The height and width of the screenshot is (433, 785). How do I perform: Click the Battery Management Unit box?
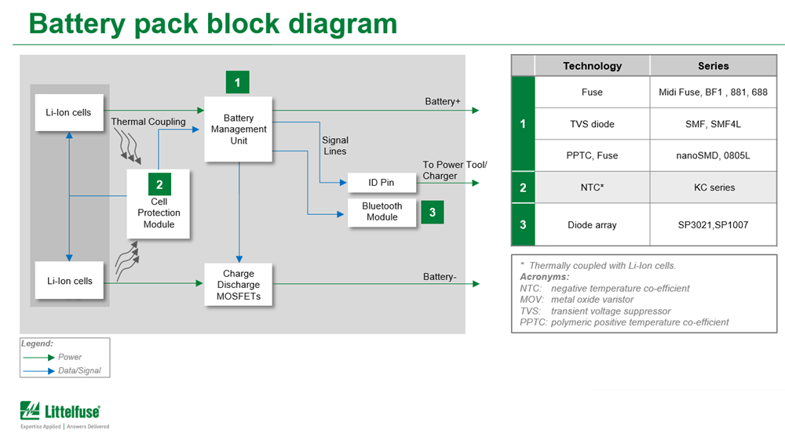click(239, 129)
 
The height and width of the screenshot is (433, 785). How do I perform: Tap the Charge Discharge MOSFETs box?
click(238, 286)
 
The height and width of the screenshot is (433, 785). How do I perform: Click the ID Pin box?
click(382, 183)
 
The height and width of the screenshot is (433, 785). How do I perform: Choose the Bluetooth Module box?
click(382, 212)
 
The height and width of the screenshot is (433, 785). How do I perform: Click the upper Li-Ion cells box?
click(68, 113)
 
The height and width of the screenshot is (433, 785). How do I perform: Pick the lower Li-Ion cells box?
click(69, 281)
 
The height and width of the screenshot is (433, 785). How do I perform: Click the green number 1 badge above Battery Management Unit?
click(237, 82)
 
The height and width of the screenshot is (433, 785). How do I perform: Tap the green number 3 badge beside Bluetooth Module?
click(432, 213)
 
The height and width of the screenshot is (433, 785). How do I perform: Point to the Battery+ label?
click(443, 102)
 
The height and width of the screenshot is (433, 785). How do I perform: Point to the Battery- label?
click(441, 277)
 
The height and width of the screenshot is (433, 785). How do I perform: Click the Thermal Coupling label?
click(148, 122)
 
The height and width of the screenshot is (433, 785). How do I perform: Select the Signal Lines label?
click(335, 146)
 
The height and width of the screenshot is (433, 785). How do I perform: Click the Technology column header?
click(592, 67)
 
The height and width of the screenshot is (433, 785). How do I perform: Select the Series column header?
click(713, 67)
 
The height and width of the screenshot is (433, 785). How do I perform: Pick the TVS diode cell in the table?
click(592, 124)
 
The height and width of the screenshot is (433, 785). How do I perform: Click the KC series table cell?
click(713, 188)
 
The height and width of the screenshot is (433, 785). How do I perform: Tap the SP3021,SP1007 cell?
click(713, 225)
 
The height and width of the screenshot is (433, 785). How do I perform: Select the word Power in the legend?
click(70, 357)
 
